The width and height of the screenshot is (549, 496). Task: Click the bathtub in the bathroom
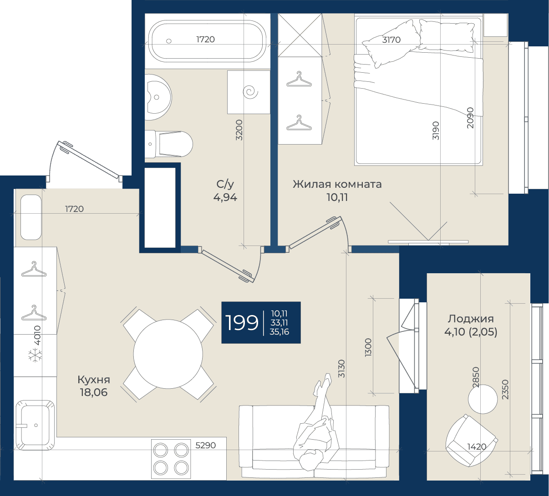(x=207, y=41)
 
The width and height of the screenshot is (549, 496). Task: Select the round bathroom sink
(x=158, y=97)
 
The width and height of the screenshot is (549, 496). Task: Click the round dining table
(x=168, y=354)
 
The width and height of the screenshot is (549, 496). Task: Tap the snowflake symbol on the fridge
(x=36, y=356)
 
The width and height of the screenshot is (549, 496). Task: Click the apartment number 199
(x=242, y=323)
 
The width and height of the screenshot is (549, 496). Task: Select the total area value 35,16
(x=279, y=332)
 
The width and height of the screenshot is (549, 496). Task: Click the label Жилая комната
(x=337, y=184)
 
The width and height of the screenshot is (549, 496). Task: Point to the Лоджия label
(x=471, y=319)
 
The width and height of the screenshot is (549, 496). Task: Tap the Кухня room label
(x=94, y=380)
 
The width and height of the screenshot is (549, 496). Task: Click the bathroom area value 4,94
(x=225, y=197)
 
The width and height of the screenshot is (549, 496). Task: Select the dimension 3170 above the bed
(x=391, y=40)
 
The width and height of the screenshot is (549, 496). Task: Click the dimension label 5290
(x=205, y=446)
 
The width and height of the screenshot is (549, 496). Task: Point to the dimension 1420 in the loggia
(x=477, y=447)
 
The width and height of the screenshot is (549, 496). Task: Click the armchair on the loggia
(x=471, y=441)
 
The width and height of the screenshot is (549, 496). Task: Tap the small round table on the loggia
(x=483, y=399)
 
